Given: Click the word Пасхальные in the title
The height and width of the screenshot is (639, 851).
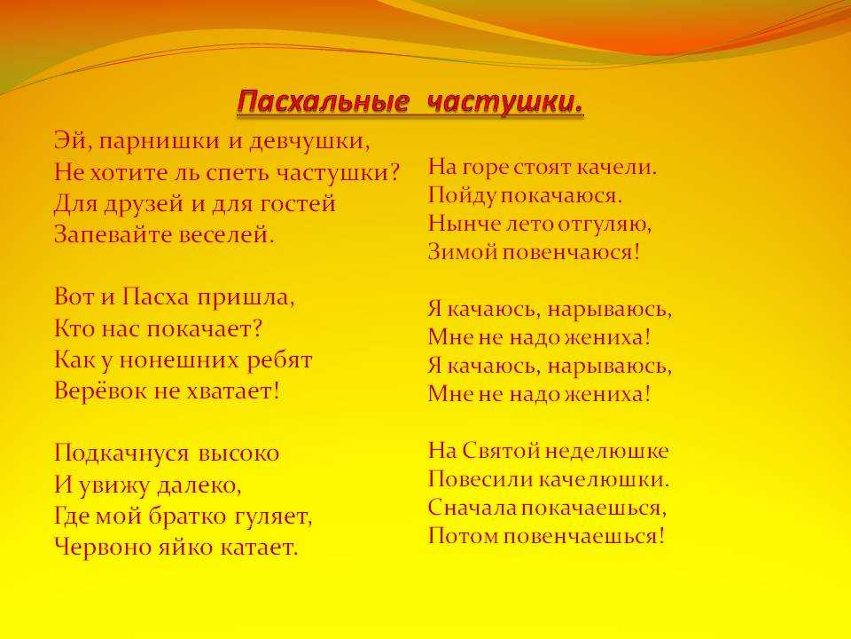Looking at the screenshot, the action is coord(323,101).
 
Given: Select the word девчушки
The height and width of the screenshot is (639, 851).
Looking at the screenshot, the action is coord(309,142).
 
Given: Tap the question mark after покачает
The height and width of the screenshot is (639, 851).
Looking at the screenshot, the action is coord(257,328).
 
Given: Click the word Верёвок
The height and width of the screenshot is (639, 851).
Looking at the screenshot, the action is coord(100,390).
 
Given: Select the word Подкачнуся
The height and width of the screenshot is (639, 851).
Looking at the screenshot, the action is coord(121,454).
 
